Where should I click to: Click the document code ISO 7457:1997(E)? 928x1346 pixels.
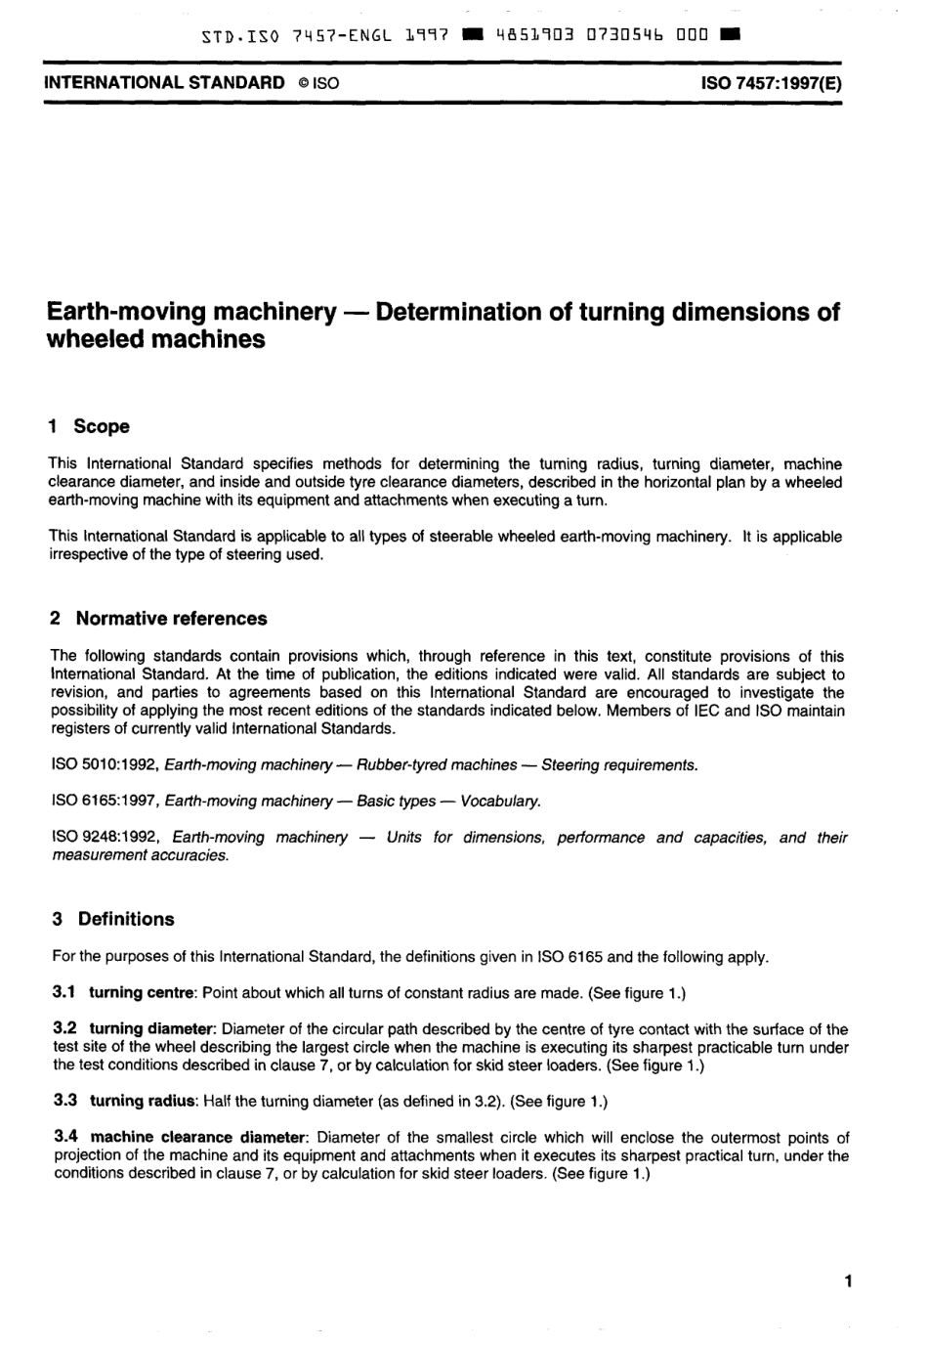771,83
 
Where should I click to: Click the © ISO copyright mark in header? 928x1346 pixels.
318,83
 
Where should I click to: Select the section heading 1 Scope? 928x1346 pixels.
89,426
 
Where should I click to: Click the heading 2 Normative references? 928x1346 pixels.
158,619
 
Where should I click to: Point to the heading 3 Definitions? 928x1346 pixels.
112,919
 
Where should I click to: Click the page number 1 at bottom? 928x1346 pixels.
848,1281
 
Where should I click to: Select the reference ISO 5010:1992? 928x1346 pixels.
105,764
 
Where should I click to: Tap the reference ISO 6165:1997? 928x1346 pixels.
105,801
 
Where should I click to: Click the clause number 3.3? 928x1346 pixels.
64,1101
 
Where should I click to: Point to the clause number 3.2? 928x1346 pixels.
64,1029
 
